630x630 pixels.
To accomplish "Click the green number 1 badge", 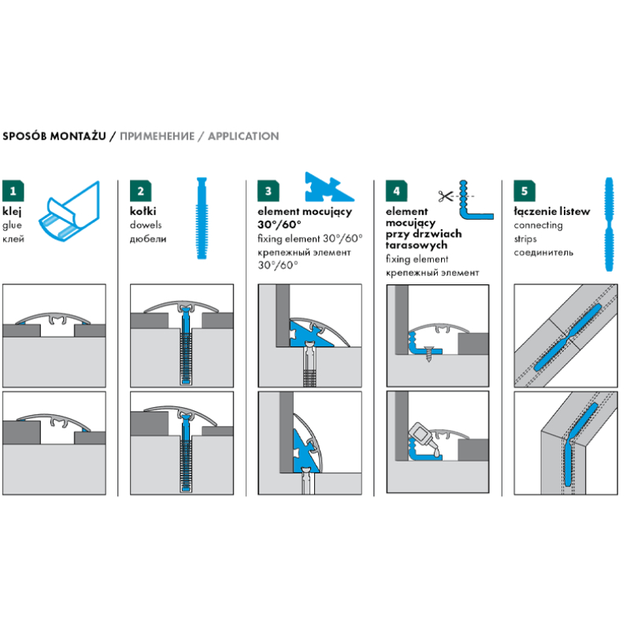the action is [x=13, y=191].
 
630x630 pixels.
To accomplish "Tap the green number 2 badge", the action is [x=141, y=191].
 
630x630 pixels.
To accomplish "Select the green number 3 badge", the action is [x=269, y=191].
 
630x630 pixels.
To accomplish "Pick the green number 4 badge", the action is [x=397, y=191].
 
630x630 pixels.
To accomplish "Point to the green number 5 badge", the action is [x=524, y=191].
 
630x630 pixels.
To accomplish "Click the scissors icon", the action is [x=446, y=196].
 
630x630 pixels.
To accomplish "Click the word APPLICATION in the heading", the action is [x=243, y=136].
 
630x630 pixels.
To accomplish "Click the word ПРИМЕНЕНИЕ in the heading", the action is [x=157, y=136].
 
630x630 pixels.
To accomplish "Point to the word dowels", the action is [x=146, y=225].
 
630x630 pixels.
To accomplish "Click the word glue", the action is [x=12, y=225].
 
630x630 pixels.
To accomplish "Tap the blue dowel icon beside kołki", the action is [x=202, y=218].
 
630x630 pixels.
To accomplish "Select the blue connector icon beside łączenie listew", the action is [x=610, y=224].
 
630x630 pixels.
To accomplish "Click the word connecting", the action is [x=538, y=225].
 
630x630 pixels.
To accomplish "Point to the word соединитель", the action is [x=543, y=253].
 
